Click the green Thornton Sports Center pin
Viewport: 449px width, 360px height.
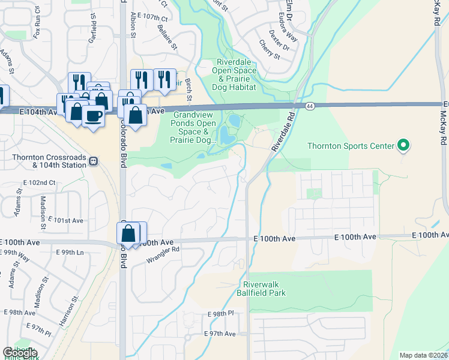(x=403, y=146)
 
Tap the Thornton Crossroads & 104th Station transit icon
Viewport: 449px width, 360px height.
(x=93, y=161)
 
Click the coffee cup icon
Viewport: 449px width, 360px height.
(x=93, y=115)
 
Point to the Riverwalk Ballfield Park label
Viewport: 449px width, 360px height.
(x=265, y=289)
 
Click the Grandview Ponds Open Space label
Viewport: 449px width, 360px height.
(x=194, y=127)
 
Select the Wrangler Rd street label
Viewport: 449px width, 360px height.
(x=163, y=255)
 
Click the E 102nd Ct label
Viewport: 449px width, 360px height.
(x=39, y=182)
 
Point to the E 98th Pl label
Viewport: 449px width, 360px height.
(x=220, y=314)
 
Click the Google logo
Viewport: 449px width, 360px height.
(x=20, y=353)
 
